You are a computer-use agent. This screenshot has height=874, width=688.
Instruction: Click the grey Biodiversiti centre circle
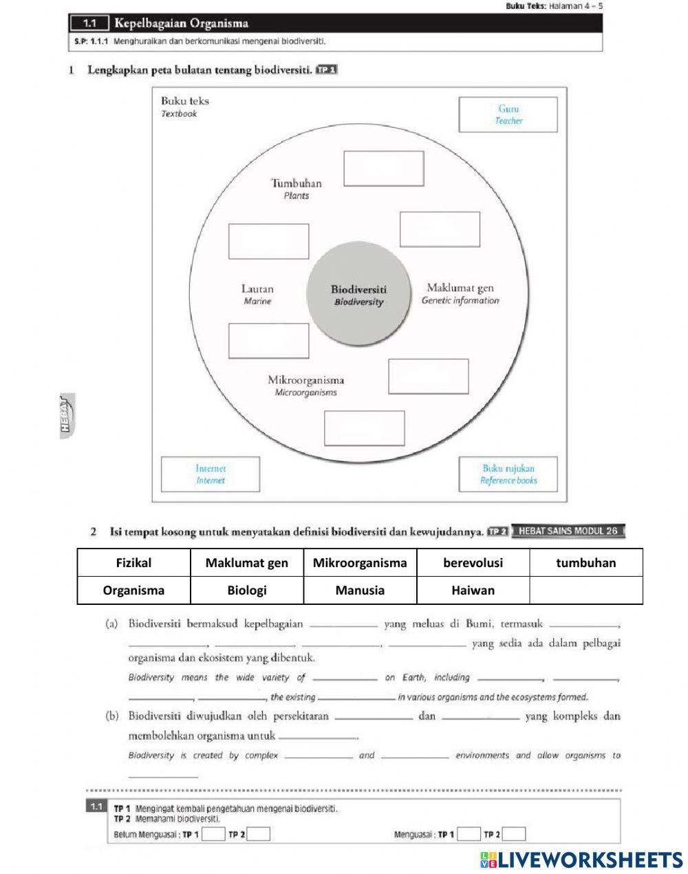[x=358, y=295]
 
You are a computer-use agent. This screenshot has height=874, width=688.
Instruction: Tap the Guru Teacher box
[x=508, y=114]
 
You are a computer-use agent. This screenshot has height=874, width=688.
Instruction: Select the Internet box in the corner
[x=211, y=474]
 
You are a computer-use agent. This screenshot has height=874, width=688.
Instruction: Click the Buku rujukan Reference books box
[x=508, y=474]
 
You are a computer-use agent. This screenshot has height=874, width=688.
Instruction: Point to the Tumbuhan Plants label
[x=296, y=189]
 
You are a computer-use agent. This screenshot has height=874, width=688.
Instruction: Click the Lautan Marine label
[x=257, y=295]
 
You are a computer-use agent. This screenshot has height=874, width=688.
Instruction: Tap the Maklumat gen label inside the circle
[x=460, y=293]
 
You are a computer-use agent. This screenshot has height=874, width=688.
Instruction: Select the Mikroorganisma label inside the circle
[x=305, y=385]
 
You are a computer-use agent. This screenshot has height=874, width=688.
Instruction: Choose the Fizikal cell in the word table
[x=133, y=563]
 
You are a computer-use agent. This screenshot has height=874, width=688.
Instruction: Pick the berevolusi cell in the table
[x=473, y=563]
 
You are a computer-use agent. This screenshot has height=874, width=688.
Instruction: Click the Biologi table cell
[x=246, y=590]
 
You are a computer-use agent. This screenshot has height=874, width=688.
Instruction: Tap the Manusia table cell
[x=360, y=590]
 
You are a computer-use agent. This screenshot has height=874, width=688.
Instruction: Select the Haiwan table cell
[x=473, y=590]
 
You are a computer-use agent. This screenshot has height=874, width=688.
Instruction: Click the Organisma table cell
[x=133, y=590]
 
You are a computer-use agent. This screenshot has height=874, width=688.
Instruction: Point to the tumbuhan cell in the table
[x=585, y=563]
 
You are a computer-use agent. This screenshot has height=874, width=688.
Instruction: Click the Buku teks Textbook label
[x=184, y=107]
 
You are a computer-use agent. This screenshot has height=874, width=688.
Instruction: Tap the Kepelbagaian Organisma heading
[x=182, y=23]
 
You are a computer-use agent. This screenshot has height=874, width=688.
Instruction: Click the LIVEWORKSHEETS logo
[x=581, y=859]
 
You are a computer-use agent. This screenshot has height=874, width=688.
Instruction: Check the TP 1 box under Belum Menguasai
[x=214, y=835]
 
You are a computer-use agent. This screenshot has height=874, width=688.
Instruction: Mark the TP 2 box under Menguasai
[x=514, y=835]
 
